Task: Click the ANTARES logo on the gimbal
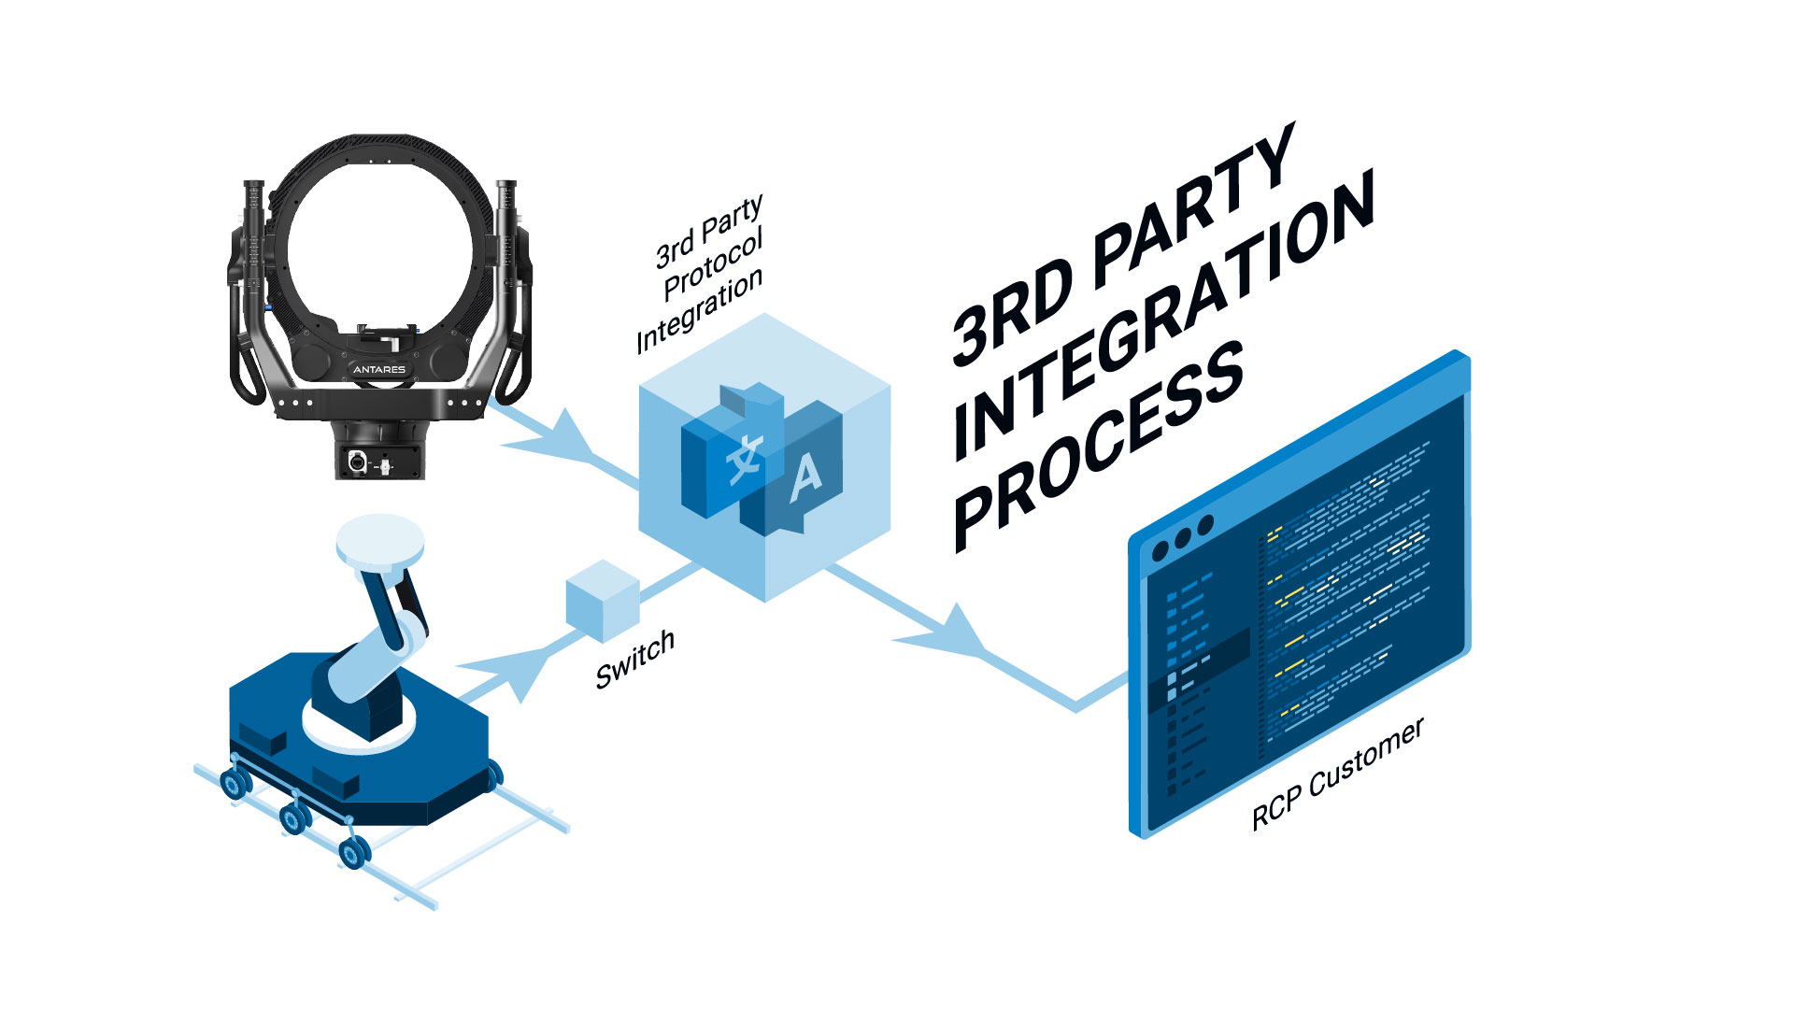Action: click(379, 369)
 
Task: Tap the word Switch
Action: click(635, 660)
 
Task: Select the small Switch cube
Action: click(603, 602)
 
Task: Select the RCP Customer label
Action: click(1338, 774)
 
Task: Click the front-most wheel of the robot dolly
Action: click(354, 851)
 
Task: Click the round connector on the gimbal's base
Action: click(356, 462)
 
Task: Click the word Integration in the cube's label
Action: click(699, 310)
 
